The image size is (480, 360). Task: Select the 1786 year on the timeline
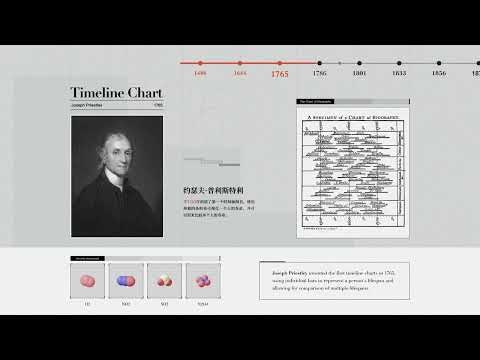point(319,74)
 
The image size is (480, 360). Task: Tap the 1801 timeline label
point(359,74)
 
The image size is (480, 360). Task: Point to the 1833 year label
point(399,74)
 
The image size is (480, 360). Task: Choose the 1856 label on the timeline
point(439,74)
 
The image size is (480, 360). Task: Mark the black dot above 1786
point(319,63)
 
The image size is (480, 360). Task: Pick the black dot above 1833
point(399,63)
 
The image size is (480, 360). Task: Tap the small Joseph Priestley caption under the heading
point(89,105)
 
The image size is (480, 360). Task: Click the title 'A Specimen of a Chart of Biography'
point(353,118)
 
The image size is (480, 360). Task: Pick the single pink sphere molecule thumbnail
point(88,281)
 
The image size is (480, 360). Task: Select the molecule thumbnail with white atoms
point(165,281)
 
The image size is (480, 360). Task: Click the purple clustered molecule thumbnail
point(203,281)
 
